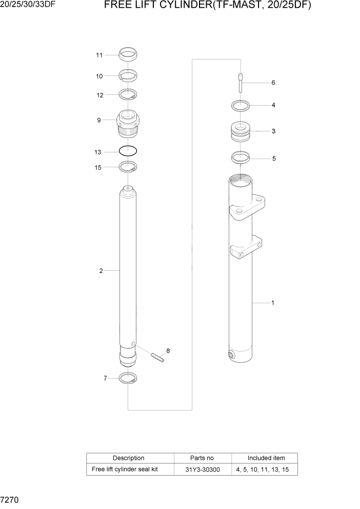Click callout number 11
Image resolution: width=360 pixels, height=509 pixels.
tap(99, 55)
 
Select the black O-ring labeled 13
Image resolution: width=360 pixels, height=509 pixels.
tap(128, 151)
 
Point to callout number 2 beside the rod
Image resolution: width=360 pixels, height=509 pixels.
tap(101, 270)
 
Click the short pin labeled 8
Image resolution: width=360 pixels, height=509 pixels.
tap(157, 357)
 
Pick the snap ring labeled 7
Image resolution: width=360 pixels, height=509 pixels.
tap(128, 379)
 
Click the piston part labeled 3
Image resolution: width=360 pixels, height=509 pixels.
tap(240, 131)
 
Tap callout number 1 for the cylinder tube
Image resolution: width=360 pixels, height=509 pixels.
tap(272, 303)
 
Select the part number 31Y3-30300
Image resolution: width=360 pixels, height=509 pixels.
tap(203, 469)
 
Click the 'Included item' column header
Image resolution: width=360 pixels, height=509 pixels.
tap(266, 458)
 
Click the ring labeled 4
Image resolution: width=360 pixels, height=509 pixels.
tap(240, 106)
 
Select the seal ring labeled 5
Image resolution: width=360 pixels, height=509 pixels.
tap(240, 157)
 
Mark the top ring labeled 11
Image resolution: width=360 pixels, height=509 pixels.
tap(128, 53)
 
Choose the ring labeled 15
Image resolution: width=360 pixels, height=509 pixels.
tap(128, 166)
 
